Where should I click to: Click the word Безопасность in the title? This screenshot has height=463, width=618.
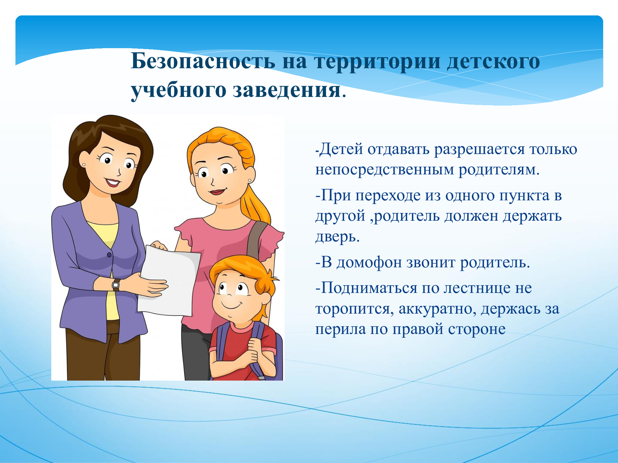203,61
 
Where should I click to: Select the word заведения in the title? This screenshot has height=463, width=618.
286,90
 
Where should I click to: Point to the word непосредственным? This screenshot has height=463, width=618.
384,170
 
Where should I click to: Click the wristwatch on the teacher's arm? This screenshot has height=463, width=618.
116,284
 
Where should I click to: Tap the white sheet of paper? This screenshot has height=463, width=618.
168,281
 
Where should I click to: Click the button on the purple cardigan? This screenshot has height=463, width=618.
109,255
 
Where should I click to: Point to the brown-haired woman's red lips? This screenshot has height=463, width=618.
113,182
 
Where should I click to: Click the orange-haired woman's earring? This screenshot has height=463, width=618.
249,180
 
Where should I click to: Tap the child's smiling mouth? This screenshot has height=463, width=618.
232,306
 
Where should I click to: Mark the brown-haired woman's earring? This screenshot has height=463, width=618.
84,165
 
